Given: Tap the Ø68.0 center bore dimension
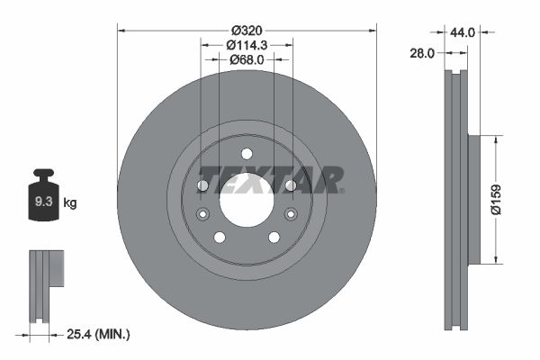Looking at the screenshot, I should [x=246, y=59].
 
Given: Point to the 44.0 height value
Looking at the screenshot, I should [x=462, y=31].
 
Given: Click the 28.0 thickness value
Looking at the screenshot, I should [x=421, y=53].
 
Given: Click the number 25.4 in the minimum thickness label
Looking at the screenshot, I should [x=80, y=335].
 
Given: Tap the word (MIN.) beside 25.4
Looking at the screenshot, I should [x=113, y=335].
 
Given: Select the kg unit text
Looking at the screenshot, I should [x=70, y=202].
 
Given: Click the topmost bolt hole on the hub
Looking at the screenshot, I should [x=247, y=153].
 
